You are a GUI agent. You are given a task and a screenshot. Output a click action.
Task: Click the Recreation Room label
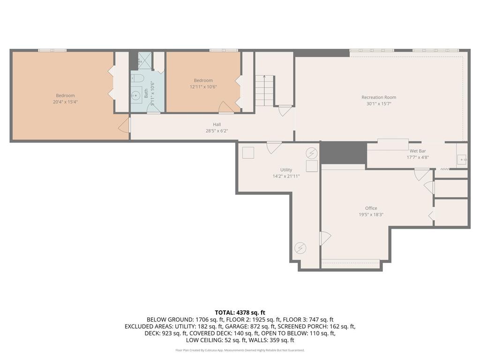pyautogui.click(x=379, y=97)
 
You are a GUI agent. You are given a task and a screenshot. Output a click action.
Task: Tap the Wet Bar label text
pyautogui.click(x=418, y=151)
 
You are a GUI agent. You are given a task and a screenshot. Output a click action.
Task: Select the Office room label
pyautogui.click(x=371, y=208)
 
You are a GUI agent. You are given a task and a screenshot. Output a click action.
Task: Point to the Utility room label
pyautogui.click(x=286, y=170)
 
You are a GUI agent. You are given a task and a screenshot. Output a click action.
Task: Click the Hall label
pyautogui.click(x=217, y=124)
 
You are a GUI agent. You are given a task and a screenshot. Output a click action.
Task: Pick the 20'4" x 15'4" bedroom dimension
pyautogui.click(x=65, y=102)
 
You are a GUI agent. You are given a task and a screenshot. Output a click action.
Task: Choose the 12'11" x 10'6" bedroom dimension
pyautogui.click(x=203, y=87)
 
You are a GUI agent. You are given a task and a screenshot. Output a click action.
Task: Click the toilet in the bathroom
pyautogui.click(x=137, y=78)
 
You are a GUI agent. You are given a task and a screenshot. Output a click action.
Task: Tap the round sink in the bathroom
pyautogui.click(x=135, y=96)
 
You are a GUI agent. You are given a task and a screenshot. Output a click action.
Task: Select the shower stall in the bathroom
pyautogui.click(x=145, y=61)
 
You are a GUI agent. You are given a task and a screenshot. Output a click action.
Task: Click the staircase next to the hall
pyautogui.click(x=264, y=90)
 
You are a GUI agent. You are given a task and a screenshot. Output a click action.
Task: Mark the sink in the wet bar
pyautogui.click(x=462, y=159)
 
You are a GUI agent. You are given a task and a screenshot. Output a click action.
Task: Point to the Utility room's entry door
pyautogui.click(x=274, y=147)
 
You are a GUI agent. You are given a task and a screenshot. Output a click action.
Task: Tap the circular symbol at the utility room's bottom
pyautogui.click(x=300, y=247)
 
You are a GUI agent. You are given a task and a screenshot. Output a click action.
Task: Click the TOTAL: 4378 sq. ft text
pyautogui.click(x=240, y=313)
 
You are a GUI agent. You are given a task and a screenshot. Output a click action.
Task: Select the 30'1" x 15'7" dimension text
pyautogui.click(x=379, y=104)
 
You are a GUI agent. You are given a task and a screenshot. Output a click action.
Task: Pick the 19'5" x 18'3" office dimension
pyautogui.click(x=371, y=215)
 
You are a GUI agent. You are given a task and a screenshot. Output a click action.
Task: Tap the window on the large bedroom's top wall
pyautogui.click(x=52, y=51)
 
